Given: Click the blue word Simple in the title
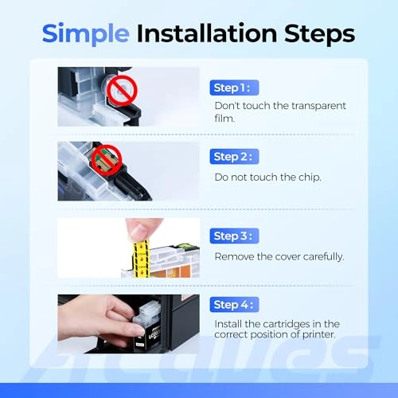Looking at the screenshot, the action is click(86, 34).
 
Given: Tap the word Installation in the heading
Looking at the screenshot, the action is click(207, 33).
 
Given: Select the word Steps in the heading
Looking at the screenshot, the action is click(320, 34).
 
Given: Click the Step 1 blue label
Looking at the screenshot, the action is click(234, 88).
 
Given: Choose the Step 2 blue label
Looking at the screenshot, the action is click(234, 157).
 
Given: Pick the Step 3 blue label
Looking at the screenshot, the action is click(234, 236).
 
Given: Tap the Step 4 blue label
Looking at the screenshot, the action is click(234, 305).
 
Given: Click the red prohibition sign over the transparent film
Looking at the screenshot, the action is click(122, 91).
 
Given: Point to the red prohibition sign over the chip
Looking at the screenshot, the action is click(107, 160).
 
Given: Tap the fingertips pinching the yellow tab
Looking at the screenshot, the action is click(139, 230).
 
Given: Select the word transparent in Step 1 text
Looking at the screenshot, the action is click(318, 106).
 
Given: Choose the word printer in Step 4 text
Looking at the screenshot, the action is click(319, 335).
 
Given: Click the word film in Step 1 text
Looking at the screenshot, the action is click(224, 119).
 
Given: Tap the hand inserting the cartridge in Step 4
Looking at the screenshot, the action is click(102, 321).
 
